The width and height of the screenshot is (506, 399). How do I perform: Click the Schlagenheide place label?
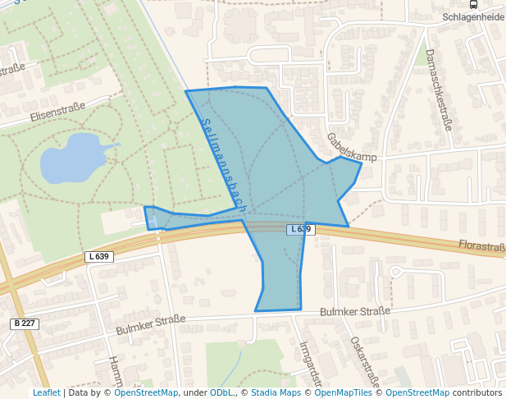472,16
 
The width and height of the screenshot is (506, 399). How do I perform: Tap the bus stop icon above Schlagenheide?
472,4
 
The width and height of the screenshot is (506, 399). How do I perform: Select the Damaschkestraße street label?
439,89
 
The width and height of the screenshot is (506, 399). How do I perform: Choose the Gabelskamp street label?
350,146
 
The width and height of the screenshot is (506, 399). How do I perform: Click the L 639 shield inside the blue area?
300,229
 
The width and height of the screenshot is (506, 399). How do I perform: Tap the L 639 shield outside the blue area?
98,257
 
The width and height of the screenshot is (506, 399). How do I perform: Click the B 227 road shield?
25,323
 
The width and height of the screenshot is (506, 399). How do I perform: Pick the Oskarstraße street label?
365,361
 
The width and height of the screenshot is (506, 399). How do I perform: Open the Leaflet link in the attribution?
47,393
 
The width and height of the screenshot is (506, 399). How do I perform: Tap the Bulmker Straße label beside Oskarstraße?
354,311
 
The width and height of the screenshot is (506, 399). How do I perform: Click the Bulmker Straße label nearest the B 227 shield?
151,324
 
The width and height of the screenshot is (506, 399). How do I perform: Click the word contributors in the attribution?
477,393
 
